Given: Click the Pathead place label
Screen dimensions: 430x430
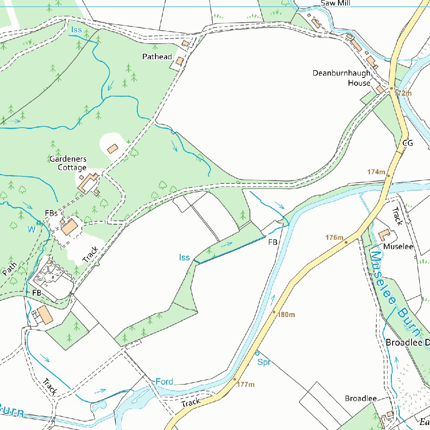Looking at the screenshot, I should tap(157, 56).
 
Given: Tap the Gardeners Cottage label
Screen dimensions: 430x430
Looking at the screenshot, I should tap(68, 163).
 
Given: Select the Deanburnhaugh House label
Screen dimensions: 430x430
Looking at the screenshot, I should tap(342, 78).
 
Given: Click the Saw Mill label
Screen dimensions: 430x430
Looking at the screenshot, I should tap(335, 3).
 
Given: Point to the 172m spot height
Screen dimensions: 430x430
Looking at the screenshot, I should tap(402, 93).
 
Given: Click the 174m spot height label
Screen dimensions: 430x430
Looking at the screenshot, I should tap(376, 172).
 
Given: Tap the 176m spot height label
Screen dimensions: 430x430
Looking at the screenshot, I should tap(335, 238).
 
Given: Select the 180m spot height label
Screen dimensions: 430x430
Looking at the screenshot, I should tap(286, 315).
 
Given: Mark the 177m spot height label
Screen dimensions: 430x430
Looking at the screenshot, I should tap(246, 384).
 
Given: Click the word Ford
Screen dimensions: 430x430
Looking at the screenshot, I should tap(164, 382).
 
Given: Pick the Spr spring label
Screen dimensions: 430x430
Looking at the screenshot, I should tap(264, 362).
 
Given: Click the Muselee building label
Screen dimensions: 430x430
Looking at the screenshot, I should tap(398, 246).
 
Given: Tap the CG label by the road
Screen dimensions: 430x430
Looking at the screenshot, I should tap(408, 143).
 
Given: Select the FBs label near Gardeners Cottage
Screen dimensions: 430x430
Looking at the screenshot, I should tap(51, 213).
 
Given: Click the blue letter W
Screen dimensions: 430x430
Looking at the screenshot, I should tap(31, 229).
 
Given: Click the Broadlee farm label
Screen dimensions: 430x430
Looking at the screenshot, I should tap(361, 398).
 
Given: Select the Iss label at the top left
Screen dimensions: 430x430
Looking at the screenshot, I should tap(76, 30).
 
